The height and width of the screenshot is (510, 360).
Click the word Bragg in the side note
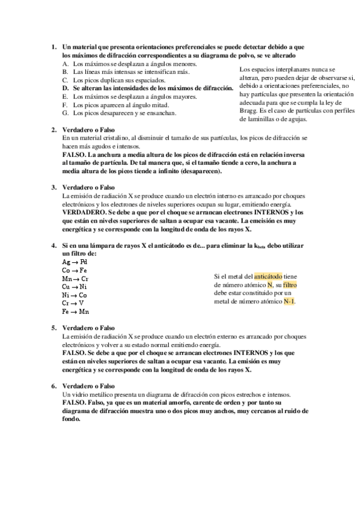pyautogui.click(x=249, y=111)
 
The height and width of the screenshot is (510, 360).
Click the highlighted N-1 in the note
pyautogui.click(x=289, y=301)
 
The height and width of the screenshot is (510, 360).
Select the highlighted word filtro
pyautogui.click(x=290, y=284)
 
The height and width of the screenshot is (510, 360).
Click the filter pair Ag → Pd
pyautogui.click(x=75, y=263)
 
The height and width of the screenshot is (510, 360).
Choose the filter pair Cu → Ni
pyautogui.click(x=75, y=287)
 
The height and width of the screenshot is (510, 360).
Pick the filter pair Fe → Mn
pyautogui.click(x=75, y=312)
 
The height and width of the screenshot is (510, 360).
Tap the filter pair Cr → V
pyautogui.click(x=73, y=304)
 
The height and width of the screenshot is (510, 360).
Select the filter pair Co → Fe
pyautogui.click(x=75, y=271)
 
